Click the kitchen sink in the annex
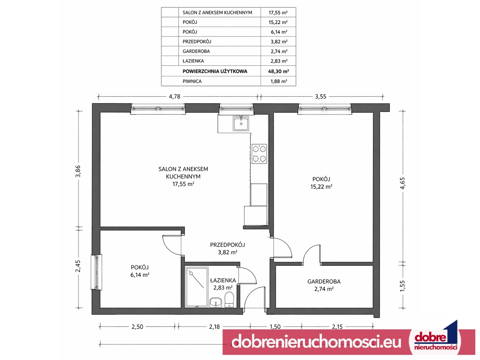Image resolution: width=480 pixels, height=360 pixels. tap(241, 123)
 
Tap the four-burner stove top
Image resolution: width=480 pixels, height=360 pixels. tap(259, 154)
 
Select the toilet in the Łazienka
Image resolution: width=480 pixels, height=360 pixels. tap(229, 299)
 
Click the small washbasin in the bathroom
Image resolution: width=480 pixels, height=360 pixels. tap(215, 302)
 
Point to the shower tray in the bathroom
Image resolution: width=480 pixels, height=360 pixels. tap(196, 287)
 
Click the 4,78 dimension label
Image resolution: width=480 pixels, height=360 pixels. tap(174, 96)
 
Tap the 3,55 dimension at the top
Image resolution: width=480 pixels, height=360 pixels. tap(320, 96)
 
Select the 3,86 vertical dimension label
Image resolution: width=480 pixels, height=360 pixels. tap(78, 171)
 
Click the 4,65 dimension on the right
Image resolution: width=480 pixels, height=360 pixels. tap(402, 183)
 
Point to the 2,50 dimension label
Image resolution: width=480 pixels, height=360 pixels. tap(137, 327)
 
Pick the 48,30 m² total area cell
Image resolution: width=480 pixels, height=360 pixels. tap(278, 71)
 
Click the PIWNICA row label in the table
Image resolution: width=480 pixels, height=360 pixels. tap(192, 81)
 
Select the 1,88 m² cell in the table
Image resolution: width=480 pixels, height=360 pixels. tap(278, 81)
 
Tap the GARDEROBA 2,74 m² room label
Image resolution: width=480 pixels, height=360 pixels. tap(324, 285)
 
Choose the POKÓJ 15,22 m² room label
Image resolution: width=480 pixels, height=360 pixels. tap(321, 183)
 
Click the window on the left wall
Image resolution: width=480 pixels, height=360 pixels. tap(97, 272)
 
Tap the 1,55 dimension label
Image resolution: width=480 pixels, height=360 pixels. tap(402, 286)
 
